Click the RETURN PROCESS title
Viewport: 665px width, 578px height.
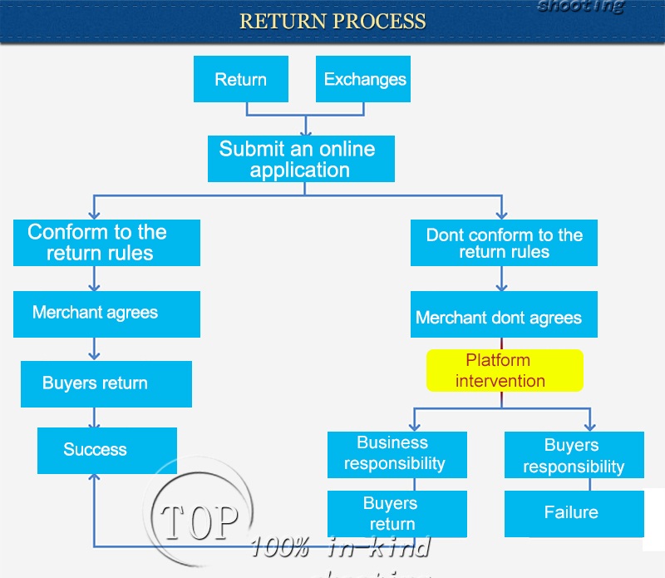pyautogui.click(x=332, y=21)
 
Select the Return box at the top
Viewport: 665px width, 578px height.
pyautogui.click(x=241, y=79)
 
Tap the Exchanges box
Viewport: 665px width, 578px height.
pyautogui.click(x=364, y=79)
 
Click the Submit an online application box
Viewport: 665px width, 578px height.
pyautogui.click(x=300, y=159)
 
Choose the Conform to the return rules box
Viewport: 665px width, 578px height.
pyautogui.click(x=106, y=242)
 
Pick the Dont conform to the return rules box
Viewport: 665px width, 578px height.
pyautogui.click(x=504, y=243)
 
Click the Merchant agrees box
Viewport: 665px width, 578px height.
pyautogui.click(x=106, y=314)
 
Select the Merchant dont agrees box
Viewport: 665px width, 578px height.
pyautogui.click(x=504, y=316)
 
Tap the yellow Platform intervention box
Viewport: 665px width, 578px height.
pyautogui.click(x=505, y=370)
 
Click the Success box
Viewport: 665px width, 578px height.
pyautogui.click(x=106, y=450)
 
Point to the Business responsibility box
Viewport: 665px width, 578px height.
pyautogui.click(x=397, y=453)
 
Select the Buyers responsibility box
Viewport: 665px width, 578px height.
pyautogui.click(x=574, y=456)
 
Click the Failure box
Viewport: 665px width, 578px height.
pyautogui.click(x=574, y=512)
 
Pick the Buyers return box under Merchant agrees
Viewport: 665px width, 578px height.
pyautogui.click(x=106, y=383)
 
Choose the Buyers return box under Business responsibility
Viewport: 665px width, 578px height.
pyautogui.click(x=390, y=513)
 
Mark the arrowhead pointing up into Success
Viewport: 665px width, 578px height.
pyautogui.click(x=95, y=479)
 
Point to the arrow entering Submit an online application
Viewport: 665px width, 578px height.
pyautogui.click(x=307, y=127)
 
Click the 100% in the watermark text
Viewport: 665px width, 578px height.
pyautogui.click(x=280, y=547)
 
